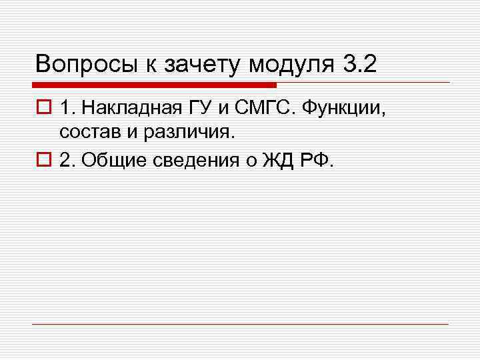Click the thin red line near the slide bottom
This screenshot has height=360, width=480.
tap(240, 324)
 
